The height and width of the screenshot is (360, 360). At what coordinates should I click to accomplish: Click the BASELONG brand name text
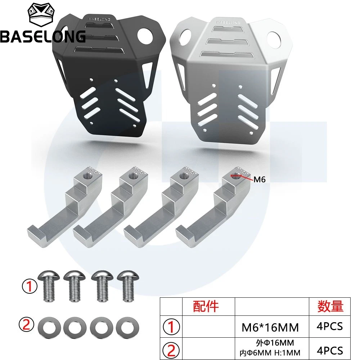pyautogui.click(x=42, y=36)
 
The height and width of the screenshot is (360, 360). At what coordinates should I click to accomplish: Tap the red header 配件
pyautogui.click(x=206, y=306)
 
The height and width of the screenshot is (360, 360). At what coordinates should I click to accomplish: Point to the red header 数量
pyautogui.click(x=330, y=306)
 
